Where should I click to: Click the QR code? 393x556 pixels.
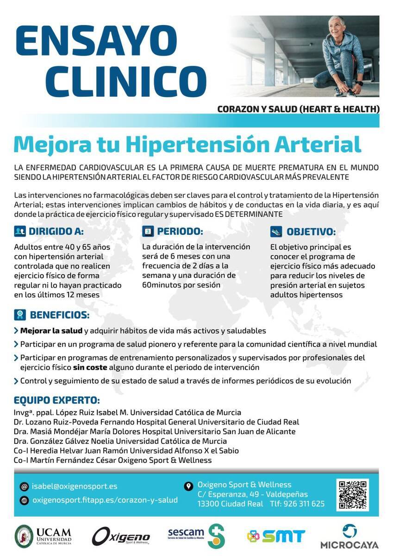(352, 494)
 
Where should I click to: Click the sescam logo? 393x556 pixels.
(196, 536)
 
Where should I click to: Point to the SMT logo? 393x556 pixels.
(276, 537)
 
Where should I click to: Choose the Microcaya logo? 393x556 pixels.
(349, 537)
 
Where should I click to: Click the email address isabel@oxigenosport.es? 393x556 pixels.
(74, 486)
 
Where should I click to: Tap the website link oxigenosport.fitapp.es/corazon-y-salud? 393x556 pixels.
(105, 500)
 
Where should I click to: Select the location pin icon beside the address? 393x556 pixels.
(188, 486)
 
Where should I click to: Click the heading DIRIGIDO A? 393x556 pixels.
(56, 232)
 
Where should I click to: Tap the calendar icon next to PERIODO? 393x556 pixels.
(148, 231)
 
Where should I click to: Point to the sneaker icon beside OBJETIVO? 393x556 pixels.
(276, 232)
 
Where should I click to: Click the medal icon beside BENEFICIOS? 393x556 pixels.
(20, 315)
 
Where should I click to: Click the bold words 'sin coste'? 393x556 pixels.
(90, 367)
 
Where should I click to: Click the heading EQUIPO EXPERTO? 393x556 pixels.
(57, 400)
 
